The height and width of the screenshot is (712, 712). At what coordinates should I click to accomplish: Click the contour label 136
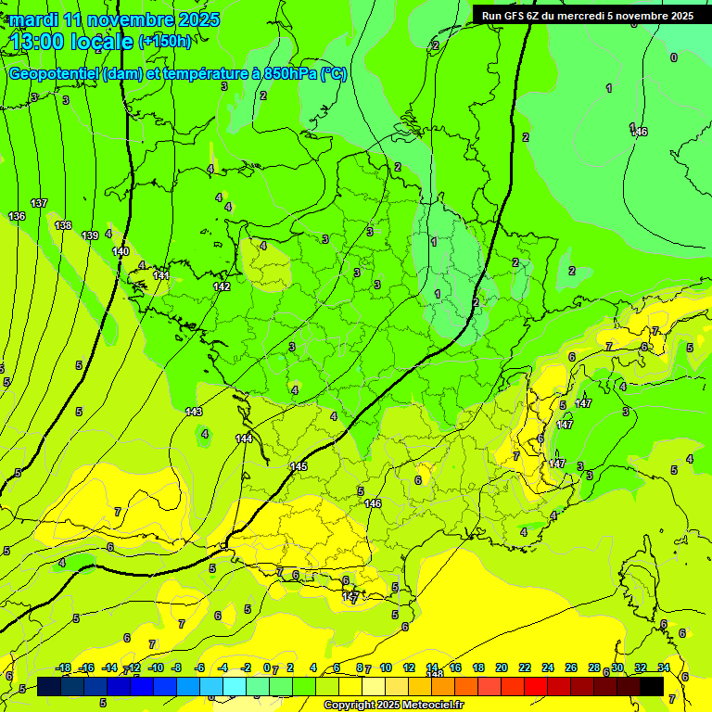(x=17, y=216)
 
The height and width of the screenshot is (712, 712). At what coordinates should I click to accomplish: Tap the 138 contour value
(x=63, y=225)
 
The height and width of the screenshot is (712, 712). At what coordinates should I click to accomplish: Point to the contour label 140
(x=121, y=251)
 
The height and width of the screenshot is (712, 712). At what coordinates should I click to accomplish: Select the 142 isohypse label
(x=222, y=286)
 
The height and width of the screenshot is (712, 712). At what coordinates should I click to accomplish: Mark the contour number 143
(x=194, y=411)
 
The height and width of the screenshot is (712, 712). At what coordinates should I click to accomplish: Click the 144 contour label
(x=244, y=439)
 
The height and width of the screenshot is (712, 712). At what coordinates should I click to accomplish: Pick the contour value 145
(x=299, y=466)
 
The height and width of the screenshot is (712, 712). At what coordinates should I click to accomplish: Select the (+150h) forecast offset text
(x=165, y=41)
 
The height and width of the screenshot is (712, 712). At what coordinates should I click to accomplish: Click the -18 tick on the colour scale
(x=63, y=667)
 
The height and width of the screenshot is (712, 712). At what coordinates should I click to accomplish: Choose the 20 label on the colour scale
(x=502, y=667)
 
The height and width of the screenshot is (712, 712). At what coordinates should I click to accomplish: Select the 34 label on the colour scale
(x=663, y=667)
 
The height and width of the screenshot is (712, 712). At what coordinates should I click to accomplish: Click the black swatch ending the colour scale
(x=651, y=686)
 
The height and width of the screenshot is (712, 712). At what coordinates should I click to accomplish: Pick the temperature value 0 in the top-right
(x=673, y=57)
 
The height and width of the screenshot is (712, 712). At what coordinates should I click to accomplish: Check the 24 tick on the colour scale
(x=547, y=667)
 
